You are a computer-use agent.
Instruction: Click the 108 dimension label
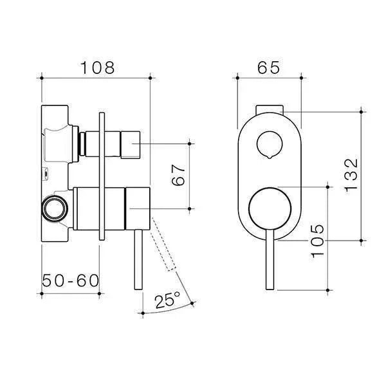coord(96,67)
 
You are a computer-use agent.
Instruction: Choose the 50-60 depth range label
coord(70,281)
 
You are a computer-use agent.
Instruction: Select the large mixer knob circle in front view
coord(268,208)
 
